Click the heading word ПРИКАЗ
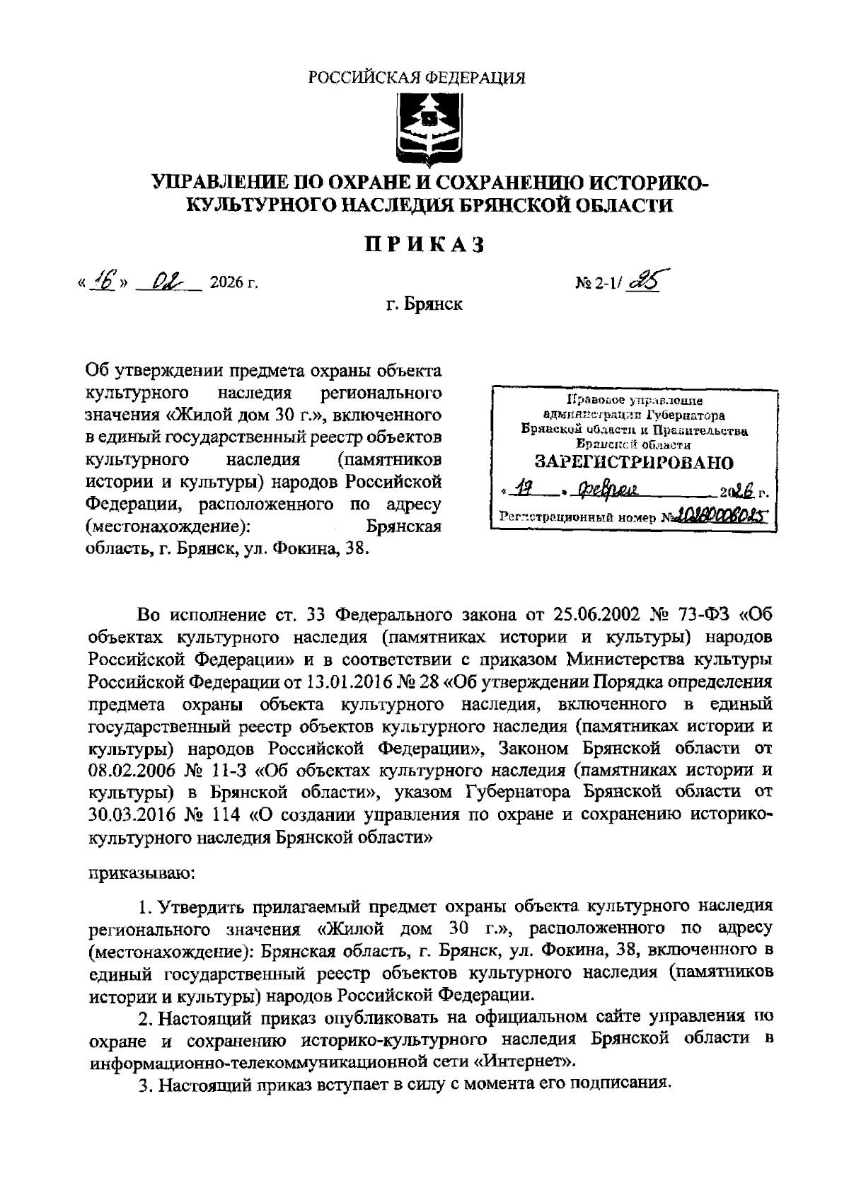pyautogui.click(x=424, y=244)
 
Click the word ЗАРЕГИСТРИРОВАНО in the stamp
pyautogui.click(x=633, y=463)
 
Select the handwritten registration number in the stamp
pyautogui.click(x=722, y=517)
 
